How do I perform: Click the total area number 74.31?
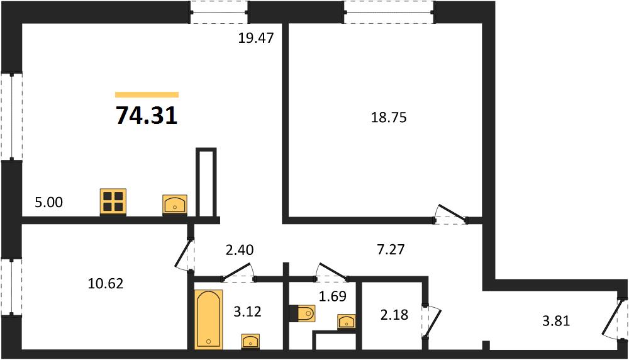coord(147,116)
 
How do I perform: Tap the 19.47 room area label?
coord(256,38)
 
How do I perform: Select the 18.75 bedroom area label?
coord(389,117)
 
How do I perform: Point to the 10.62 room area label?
coord(106,284)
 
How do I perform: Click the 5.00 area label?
coord(49,202)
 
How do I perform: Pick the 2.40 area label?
coord(240,250)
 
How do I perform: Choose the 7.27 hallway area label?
coord(391,250)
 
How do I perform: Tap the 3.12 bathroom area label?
coord(247,311)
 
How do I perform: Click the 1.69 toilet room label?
coord(333,296)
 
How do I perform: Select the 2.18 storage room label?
coord(394,315)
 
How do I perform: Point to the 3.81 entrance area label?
coord(555,321)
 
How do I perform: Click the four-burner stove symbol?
coord(113,201)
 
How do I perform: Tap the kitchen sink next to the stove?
coord(175,205)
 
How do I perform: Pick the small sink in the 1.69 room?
coord(347,322)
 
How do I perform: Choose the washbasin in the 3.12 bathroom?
coord(251,341)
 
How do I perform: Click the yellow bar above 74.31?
coord(147,94)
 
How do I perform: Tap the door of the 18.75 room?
coord(450,214)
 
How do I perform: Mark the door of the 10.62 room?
coord(185,254)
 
